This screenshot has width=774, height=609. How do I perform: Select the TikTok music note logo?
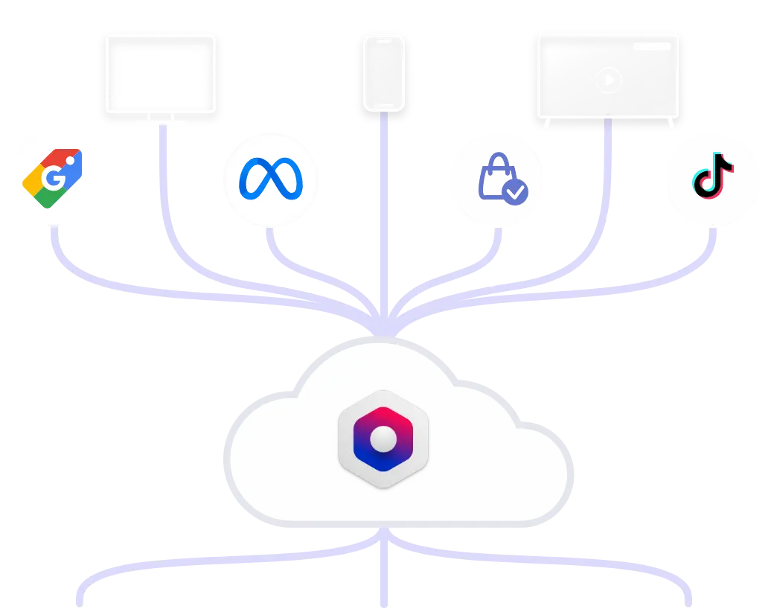(x=712, y=177)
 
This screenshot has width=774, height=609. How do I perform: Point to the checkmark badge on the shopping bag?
(x=515, y=193)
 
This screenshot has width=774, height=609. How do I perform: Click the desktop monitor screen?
(x=161, y=66)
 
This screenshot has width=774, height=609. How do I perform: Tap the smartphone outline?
(x=383, y=72)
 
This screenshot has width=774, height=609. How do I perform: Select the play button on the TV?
(x=608, y=80)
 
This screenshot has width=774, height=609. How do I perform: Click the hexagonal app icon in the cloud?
(x=383, y=439)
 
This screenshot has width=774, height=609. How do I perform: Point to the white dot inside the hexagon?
(x=383, y=439)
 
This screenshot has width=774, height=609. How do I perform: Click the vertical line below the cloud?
(x=384, y=573)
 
